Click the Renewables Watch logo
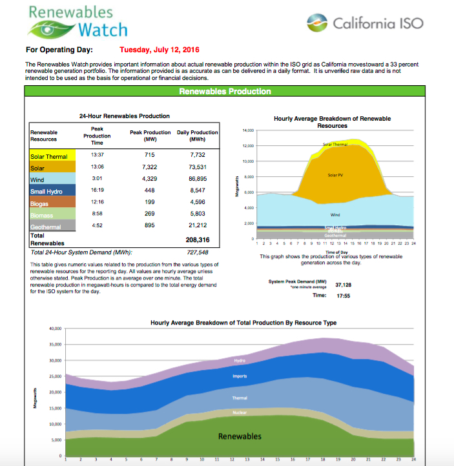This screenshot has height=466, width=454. click(x=77, y=21)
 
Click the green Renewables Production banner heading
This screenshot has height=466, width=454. click(x=225, y=92)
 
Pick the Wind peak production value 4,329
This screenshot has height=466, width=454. click(x=150, y=179)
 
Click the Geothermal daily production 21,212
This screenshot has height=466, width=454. click(x=198, y=225)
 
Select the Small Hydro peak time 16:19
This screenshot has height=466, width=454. click(x=98, y=191)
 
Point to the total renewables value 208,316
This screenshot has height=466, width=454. click(x=199, y=239)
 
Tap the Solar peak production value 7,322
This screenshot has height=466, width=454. click(x=150, y=168)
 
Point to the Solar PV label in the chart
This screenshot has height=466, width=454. click(x=335, y=175)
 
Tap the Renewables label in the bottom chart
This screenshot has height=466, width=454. click(x=240, y=436)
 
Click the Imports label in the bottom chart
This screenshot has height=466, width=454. click(x=239, y=376)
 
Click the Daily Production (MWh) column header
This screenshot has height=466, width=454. click(x=198, y=136)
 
